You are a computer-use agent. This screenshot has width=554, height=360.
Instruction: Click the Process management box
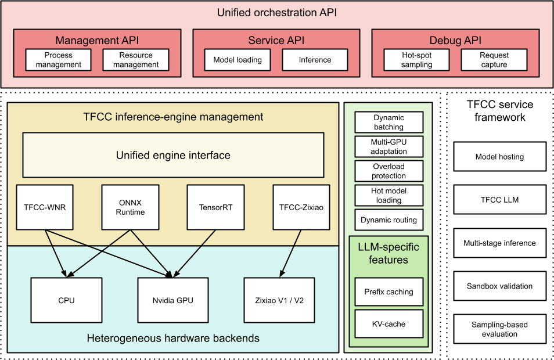[x=59, y=60]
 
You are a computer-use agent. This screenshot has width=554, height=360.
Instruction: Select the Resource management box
[x=136, y=60]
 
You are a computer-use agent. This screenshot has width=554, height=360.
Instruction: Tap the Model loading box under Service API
[x=238, y=60]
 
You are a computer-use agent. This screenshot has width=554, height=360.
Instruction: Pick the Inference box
[x=315, y=60]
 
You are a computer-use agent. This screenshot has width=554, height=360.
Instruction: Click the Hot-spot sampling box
[x=416, y=60]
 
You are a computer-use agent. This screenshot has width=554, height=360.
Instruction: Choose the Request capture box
[x=494, y=60]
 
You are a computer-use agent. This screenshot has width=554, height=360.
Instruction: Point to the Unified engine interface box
[x=173, y=155]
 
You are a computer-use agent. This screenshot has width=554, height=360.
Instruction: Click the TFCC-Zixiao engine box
[x=301, y=207]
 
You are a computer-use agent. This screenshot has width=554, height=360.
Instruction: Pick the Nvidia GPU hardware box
[x=172, y=300]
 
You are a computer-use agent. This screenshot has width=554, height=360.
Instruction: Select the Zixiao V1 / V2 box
[x=280, y=300]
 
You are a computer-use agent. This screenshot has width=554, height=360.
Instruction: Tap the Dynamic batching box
[x=388, y=122]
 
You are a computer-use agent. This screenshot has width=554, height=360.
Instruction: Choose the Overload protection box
[x=388, y=171]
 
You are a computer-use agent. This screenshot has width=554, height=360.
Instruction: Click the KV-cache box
[x=388, y=324]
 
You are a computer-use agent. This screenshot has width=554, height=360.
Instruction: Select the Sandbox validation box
[x=499, y=286]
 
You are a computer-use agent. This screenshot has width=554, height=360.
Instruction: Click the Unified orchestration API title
[x=276, y=12]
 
